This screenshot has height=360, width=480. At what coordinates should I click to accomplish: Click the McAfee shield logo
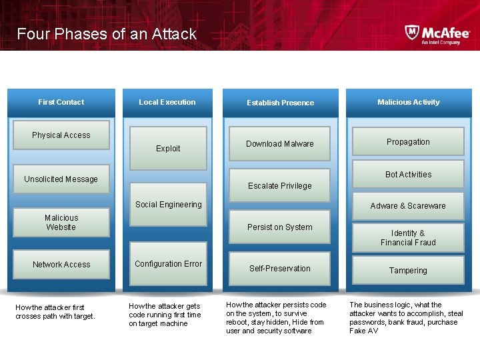pos(412,33)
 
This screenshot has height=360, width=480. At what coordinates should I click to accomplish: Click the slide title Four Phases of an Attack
pos(107,34)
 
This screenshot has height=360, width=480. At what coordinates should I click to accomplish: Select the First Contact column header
pos(61,102)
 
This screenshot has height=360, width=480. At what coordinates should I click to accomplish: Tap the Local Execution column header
pos(167,102)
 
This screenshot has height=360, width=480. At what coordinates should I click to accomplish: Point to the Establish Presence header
pos(280,103)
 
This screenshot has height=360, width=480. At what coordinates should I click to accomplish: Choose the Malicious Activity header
pos(408,102)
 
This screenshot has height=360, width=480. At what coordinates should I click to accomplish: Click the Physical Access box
pos(61,135)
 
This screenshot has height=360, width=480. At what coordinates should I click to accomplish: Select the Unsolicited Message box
pos(61,179)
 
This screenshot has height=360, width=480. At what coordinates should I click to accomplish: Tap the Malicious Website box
pos(61,222)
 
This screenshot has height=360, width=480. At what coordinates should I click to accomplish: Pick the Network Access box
pos(61,265)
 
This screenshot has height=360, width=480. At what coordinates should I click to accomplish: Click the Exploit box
pos(168,148)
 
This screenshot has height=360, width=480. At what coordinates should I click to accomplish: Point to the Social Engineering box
pos(168,205)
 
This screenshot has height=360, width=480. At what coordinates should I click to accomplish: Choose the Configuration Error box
pos(168,264)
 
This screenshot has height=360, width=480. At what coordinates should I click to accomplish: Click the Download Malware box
pos(280,144)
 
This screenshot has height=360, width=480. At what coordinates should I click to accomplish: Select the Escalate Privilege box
pos(280,186)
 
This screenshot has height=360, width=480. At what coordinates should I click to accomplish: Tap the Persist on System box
pos(280,227)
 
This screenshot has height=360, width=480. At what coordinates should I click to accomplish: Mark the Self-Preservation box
pos(280,269)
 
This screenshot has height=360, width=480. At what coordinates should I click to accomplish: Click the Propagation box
pos(408,142)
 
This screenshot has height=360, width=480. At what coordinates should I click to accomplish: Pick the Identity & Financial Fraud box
pos(408,238)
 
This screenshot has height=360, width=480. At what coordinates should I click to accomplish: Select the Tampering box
pos(408,271)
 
